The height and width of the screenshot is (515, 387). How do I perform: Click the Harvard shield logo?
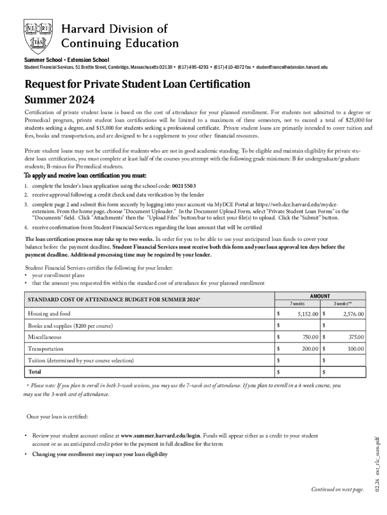pos(38,36)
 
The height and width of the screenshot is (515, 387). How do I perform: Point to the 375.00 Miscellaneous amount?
pos(356,337)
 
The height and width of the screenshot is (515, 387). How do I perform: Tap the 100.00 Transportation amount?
pos(356,349)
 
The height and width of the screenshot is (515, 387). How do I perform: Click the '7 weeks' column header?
pos(297,304)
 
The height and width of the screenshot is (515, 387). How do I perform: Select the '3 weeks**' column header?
pos(343,304)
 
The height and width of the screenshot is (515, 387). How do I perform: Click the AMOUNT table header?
pos(320,296)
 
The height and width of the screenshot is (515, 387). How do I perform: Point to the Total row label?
pos(35,372)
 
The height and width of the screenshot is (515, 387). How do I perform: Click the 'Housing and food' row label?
pos(49,314)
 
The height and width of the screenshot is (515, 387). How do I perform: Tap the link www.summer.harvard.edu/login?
pos(161,436)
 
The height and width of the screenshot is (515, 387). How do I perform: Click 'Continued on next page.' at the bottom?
pos(337,489)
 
